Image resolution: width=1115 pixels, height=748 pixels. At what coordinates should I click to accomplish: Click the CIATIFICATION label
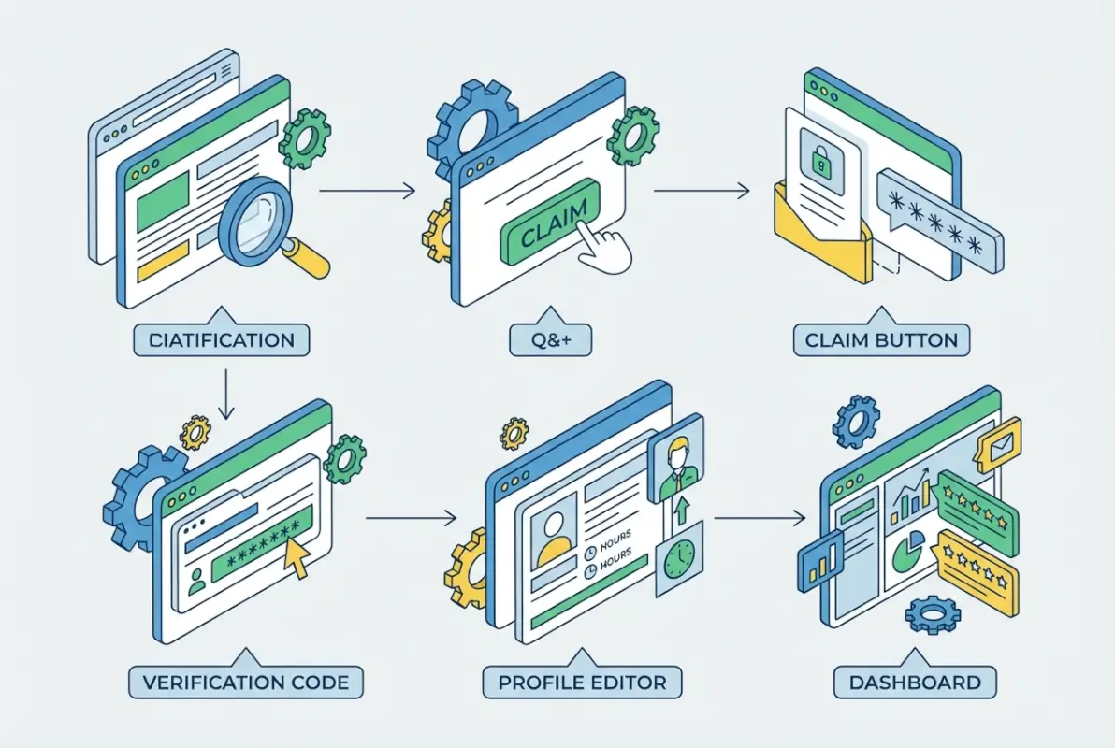tap(221, 339)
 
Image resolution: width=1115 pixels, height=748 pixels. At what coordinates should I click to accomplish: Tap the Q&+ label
tap(551, 339)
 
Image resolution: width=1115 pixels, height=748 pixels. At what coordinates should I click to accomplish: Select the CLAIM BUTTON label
tap(881, 339)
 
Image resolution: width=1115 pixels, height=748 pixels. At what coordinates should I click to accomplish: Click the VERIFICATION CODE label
tap(246, 682)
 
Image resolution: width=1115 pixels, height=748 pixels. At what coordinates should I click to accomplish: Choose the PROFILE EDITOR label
tap(582, 682)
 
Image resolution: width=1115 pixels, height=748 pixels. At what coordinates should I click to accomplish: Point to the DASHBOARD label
tap(914, 682)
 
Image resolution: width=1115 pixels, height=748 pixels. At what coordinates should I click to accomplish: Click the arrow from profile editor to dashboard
tap(760, 517)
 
